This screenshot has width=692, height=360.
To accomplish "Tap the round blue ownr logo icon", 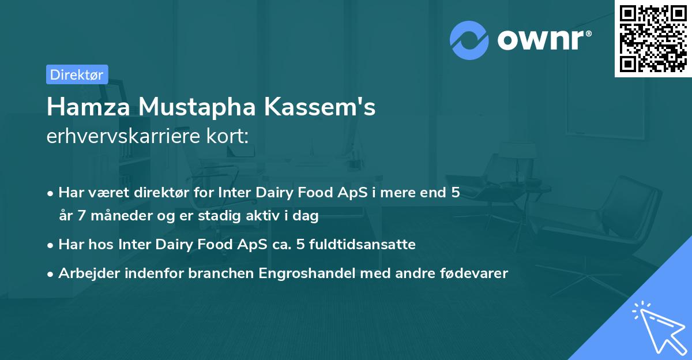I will [469, 40].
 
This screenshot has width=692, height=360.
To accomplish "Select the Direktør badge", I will [77, 74].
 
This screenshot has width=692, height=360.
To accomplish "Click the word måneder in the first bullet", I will [112, 216].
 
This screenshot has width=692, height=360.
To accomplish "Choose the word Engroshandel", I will [307, 273].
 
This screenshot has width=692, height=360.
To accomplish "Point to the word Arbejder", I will [85, 273].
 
